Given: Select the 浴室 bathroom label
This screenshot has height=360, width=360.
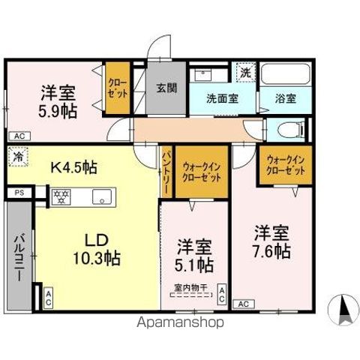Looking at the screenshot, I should pos(284,97).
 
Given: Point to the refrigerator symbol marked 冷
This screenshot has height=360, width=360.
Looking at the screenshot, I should pos(16,158).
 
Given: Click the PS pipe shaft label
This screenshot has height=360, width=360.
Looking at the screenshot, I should pos(18,193).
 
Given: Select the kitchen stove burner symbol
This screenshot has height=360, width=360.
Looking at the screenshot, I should pos(60,197).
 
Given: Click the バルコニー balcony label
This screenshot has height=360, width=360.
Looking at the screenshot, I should pos(17,257).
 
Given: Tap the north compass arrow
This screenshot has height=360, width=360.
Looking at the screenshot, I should pos(346,307).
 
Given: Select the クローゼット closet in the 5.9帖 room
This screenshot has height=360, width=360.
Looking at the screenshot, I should pos(117,88).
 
